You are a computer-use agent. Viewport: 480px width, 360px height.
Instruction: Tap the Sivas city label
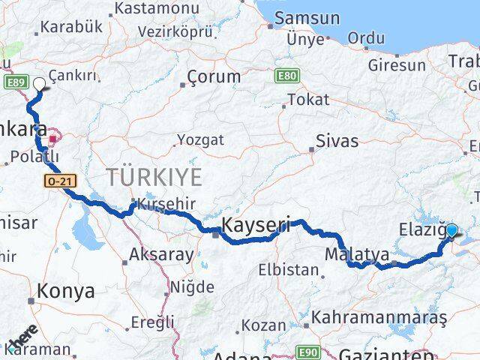pyautogui.click(x=337, y=140)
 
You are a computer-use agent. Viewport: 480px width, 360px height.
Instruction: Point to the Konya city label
pyautogui.click(x=66, y=291)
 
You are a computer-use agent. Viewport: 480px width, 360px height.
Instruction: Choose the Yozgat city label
pyautogui.click(x=200, y=139)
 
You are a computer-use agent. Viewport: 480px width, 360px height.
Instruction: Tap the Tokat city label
pyautogui.click(x=308, y=99)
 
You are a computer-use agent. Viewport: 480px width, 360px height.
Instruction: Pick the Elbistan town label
pyautogui.click(x=288, y=269)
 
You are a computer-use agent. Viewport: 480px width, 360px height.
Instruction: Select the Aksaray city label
pyautogui.click(x=160, y=254)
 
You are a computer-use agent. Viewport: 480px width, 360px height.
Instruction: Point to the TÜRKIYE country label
pyautogui.click(x=154, y=178)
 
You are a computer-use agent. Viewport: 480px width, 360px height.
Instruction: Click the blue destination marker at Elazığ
pyautogui.click(x=452, y=230)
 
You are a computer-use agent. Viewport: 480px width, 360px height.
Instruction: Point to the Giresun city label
pyautogui.click(x=396, y=65)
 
